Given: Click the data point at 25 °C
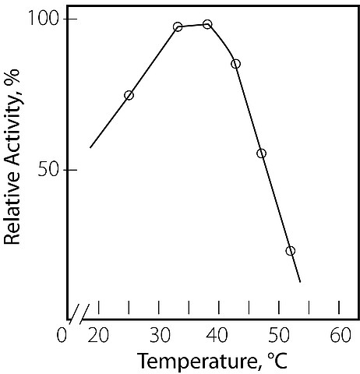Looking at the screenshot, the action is (x=129, y=95).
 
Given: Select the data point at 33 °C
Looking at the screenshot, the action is (x=178, y=26).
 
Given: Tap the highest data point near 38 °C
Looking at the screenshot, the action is (x=207, y=24).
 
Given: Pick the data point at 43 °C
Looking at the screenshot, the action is (x=235, y=64).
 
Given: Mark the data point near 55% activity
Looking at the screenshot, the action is (x=262, y=153).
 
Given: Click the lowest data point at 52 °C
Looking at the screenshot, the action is (x=291, y=251).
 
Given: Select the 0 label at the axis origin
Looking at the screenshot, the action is (x=62, y=335).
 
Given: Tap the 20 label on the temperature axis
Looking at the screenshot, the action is (x=98, y=335).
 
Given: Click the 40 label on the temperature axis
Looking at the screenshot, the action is (x=218, y=335).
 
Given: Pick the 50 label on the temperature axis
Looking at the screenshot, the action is (x=279, y=335).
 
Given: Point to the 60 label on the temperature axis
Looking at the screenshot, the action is (x=341, y=335).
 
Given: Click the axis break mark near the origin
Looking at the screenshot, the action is (x=79, y=315).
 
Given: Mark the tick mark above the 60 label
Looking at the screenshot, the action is (x=339, y=308).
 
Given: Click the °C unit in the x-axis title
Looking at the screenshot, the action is (x=277, y=360).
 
